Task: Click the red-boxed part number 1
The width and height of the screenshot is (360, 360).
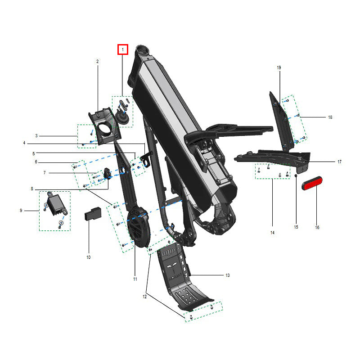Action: click(123, 49)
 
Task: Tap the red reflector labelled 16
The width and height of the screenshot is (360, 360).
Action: click(312, 183)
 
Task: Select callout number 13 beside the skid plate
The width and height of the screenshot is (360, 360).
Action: click(228, 275)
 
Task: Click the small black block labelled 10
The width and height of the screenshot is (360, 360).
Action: click(93, 213)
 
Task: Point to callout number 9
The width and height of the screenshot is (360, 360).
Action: click(21, 211)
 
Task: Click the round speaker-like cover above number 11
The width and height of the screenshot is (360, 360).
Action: click(139, 227)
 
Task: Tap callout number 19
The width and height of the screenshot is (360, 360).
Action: click(279, 68)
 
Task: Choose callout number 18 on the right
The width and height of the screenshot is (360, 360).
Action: click(330, 117)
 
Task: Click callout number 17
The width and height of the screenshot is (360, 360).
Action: click(340, 162)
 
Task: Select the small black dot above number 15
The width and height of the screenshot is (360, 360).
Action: click(296, 175)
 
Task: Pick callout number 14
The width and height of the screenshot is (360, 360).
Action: click(272, 233)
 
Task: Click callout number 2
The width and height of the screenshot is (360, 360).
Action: click(98, 62)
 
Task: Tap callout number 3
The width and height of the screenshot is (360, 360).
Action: click(36, 136)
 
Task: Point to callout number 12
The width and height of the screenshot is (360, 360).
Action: click(144, 297)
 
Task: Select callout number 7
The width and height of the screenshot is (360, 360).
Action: click(45, 173)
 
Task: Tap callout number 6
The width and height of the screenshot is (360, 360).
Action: click(36, 162)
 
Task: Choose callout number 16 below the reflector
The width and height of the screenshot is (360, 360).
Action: click(317, 227)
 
